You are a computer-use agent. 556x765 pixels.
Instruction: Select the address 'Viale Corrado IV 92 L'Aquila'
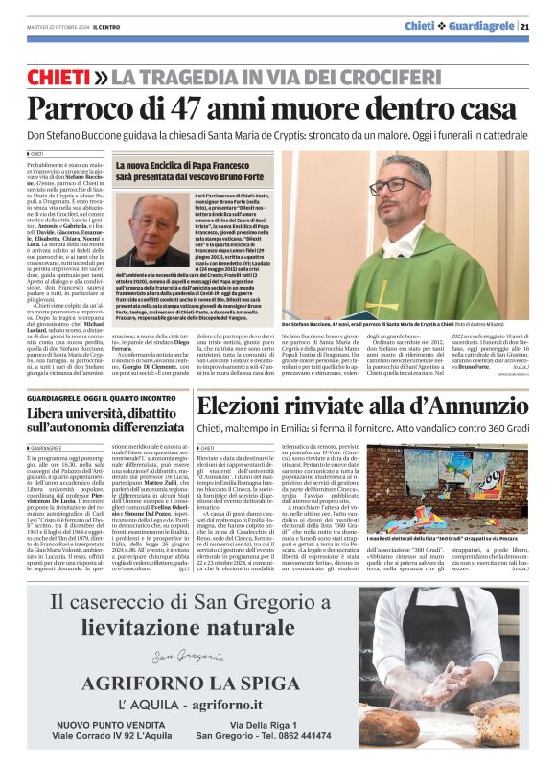click(x=107, y=735)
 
